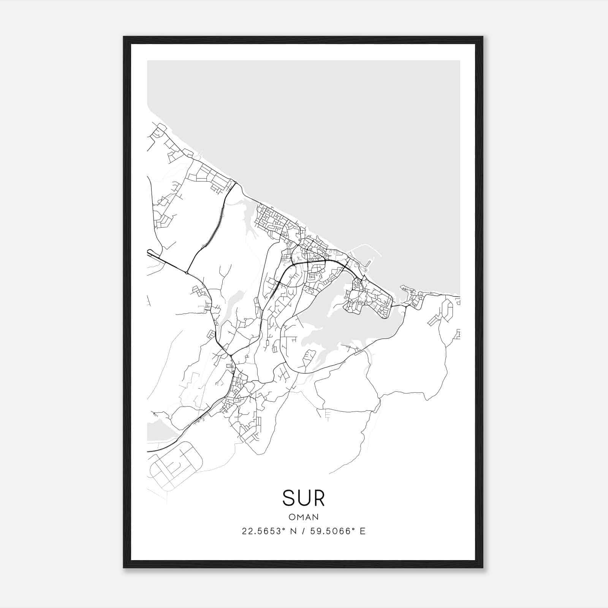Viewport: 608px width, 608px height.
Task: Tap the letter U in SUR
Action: tap(304, 498)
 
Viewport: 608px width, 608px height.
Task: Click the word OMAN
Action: tap(304, 517)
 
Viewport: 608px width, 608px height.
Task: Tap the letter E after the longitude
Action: tap(363, 531)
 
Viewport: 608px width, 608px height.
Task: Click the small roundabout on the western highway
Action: tap(187, 272)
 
